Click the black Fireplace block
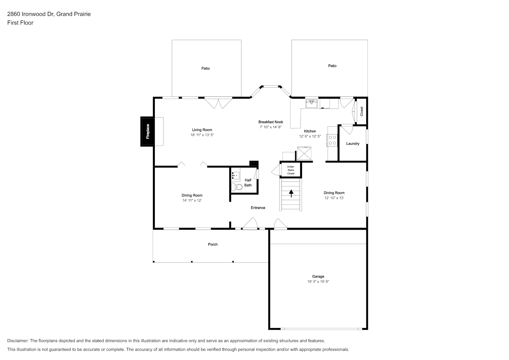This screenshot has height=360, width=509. point(147,132)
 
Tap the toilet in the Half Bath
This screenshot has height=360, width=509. point(237,187)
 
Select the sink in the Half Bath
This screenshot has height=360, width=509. point(236,176)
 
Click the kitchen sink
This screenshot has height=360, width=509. point(311,103)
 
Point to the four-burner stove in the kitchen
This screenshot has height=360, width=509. point(332,140)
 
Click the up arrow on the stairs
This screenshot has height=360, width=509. point(291,193)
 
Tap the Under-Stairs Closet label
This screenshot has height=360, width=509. point(290,170)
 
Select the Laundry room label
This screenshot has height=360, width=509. point(353,144)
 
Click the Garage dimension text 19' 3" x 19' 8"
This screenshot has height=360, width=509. point(318,282)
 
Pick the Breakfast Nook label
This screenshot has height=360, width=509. point(271,122)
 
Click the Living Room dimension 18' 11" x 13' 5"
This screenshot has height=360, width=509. point(202,135)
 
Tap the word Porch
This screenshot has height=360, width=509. point(213,244)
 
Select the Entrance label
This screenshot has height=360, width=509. point(258,208)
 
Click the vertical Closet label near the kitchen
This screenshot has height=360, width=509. point(361,111)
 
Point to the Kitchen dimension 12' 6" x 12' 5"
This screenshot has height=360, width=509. point(310,136)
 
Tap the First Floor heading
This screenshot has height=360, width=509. point(20,23)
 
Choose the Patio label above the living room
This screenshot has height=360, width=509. point(206,68)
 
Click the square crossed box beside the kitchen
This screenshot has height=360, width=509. point(304,153)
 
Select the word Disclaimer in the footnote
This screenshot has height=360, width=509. point(18,341)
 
